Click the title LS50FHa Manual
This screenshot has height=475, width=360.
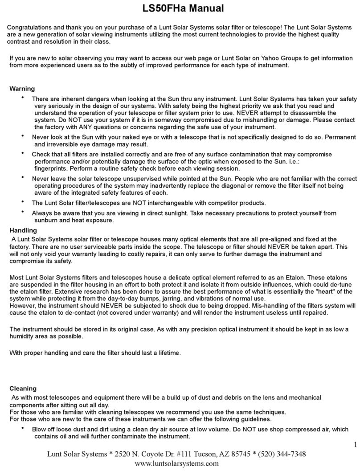pos(180,8)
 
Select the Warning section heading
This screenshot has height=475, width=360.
pos(22,89)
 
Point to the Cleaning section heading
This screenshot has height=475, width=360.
pos(23,389)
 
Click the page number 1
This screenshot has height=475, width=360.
pos(355,444)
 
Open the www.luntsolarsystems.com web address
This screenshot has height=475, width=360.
pos(176,464)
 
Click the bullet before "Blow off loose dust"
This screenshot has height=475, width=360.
pos(23,429)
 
